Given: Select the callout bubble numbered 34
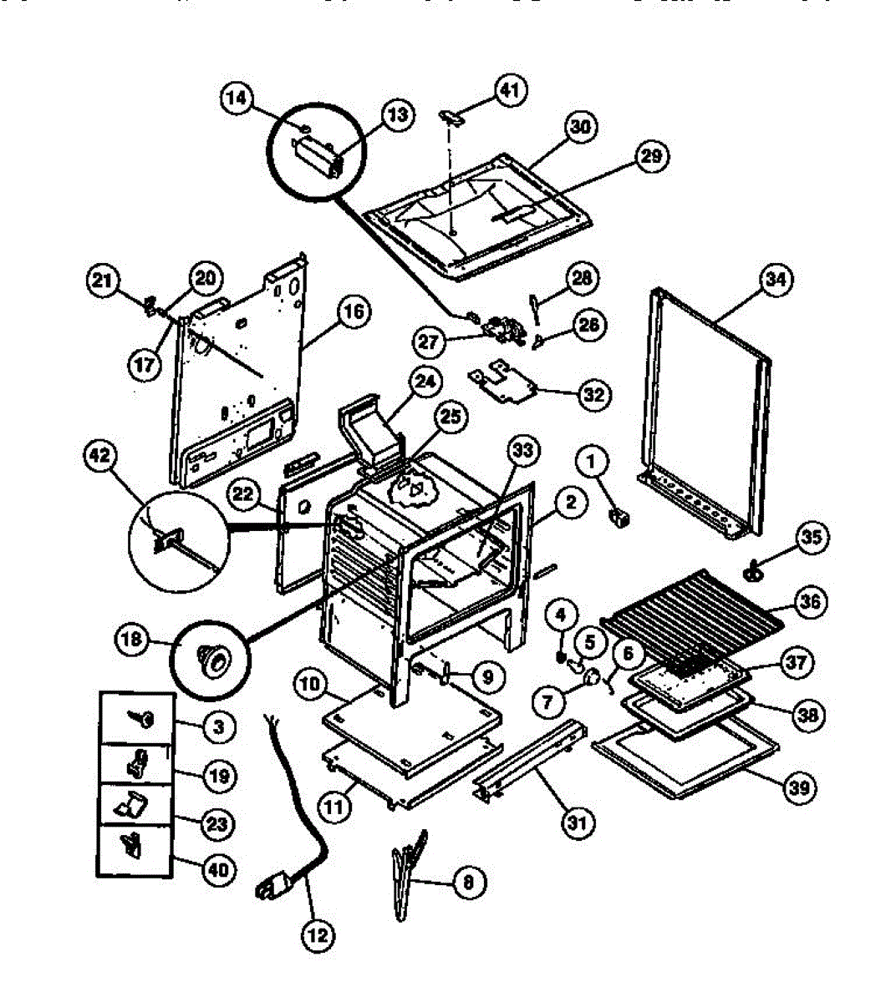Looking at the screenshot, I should pos(776,281).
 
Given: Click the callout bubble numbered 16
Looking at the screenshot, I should pos(354,313).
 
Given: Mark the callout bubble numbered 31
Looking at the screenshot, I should pos(577,823).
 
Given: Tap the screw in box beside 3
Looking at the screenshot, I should pos(143,718).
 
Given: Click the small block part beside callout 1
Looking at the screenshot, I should pos(620,519).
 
